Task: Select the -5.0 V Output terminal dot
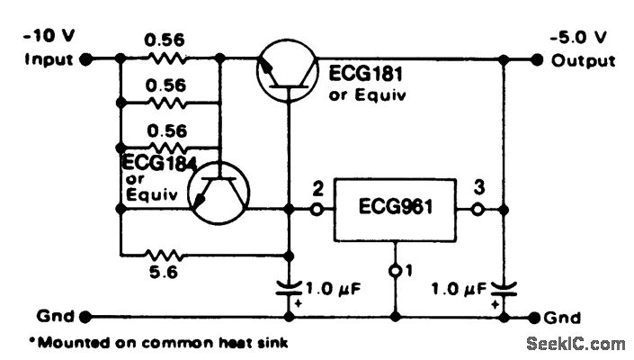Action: [x=537, y=60]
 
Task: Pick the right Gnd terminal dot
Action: [x=537, y=317]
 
